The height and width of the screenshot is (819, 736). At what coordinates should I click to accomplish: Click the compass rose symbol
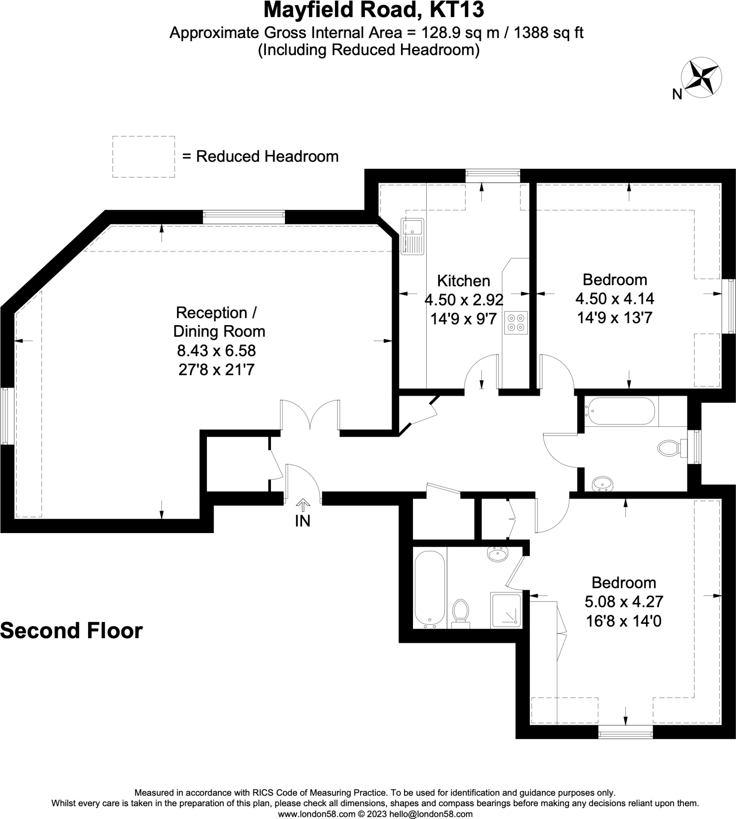(x=701, y=78)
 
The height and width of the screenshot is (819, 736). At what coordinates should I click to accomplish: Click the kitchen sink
(x=412, y=236)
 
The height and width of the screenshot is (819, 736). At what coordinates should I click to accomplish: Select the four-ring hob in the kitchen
(x=516, y=322)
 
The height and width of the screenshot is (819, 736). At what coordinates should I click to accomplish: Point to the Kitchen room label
(x=463, y=281)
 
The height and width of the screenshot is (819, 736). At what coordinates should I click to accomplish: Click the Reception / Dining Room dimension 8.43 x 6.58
(x=217, y=350)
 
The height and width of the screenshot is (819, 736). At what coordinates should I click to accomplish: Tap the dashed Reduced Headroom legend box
(x=144, y=157)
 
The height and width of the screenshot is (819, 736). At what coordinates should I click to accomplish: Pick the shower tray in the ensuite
(x=505, y=611)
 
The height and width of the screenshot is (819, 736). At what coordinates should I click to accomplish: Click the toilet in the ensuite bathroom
(x=460, y=614)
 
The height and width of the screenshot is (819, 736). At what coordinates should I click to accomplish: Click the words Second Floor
(x=71, y=630)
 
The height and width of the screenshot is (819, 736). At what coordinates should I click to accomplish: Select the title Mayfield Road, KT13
(x=374, y=10)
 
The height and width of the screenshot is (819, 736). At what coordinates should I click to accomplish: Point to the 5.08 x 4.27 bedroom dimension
(x=624, y=601)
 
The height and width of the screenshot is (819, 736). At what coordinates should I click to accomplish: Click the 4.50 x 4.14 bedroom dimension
(x=615, y=299)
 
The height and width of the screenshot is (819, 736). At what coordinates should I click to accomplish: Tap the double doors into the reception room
(x=310, y=415)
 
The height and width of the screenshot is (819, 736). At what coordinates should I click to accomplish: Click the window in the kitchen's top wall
(x=493, y=176)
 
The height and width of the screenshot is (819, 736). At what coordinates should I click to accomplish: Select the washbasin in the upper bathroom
(x=603, y=483)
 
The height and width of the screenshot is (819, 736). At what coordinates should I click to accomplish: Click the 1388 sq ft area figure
(x=548, y=32)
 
